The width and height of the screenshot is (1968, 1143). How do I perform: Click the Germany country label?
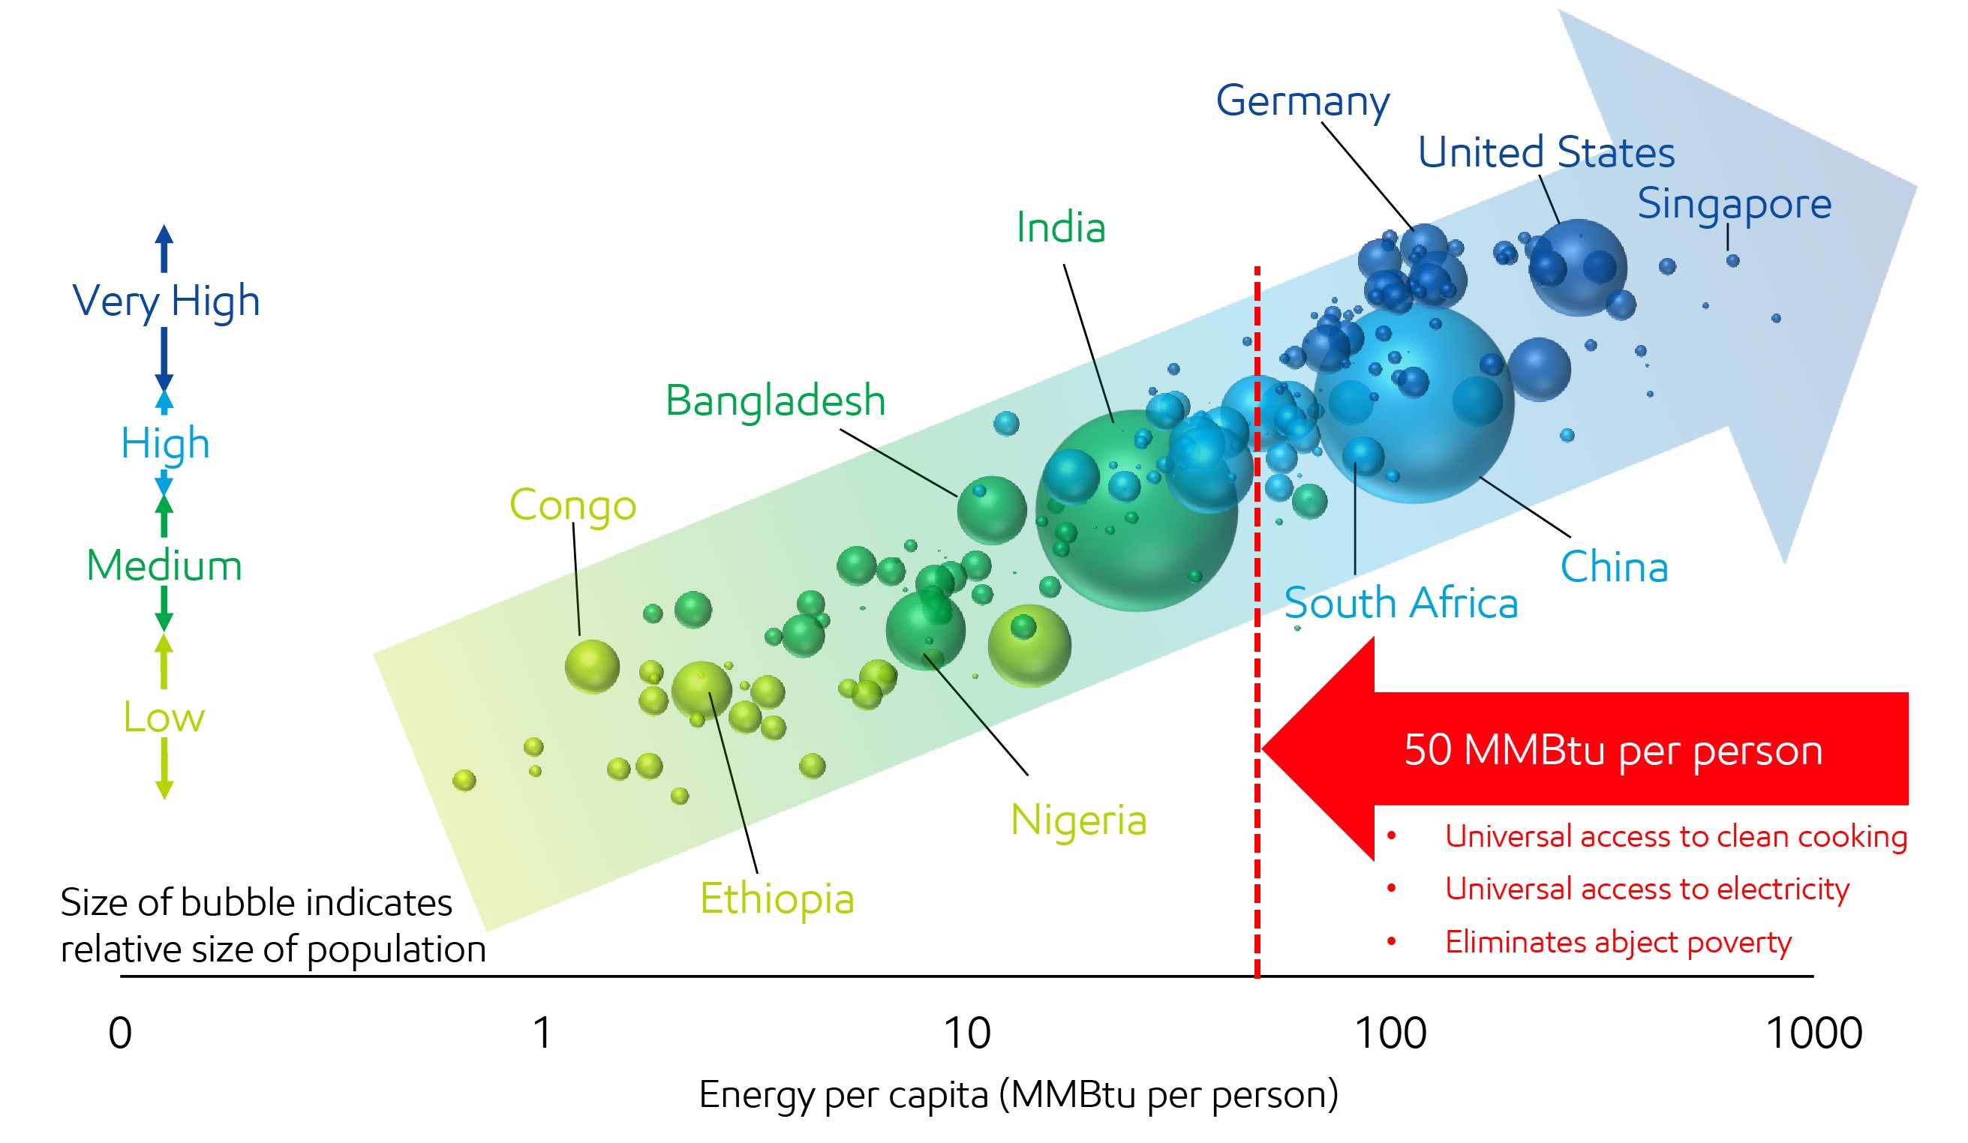pyautogui.click(x=1302, y=100)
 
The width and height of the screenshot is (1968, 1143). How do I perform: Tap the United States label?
pyautogui.click(x=1546, y=151)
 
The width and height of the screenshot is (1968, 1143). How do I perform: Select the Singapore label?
pyautogui.click(x=1734, y=204)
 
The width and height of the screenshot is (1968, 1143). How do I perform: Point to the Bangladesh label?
pyautogui.click(x=775, y=400)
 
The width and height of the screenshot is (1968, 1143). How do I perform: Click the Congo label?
pyautogui.click(x=572, y=505)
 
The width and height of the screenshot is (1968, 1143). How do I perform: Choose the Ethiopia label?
pyautogui.click(x=777, y=898)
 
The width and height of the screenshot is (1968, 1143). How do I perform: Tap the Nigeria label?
pyautogui.click(x=1077, y=820)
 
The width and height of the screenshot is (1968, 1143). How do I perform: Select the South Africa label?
pyautogui.click(x=1401, y=603)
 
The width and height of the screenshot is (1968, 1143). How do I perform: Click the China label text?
pyautogui.click(x=1613, y=567)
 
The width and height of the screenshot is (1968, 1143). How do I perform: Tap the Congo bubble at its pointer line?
pyautogui.click(x=592, y=666)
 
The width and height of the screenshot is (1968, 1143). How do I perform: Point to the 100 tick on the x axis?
pyautogui.click(x=1390, y=1033)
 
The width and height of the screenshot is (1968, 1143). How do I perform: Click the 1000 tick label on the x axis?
pyautogui.click(x=1813, y=1033)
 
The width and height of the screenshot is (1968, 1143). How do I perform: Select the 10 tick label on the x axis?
pyautogui.click(x=967, y=1033)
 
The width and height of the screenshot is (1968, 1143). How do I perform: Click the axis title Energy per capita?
pyautogui.click(x=1017, y=1093)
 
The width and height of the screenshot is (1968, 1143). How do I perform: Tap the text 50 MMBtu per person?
pyautogui.click(x=1612, y=749)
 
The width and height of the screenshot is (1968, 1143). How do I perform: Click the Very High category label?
pyautogui.click(x=166, y=301)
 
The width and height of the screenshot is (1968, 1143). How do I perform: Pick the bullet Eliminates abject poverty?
pyautogui.click(x=1618, y=942)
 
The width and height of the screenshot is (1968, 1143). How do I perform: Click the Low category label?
pyautogui.click(x=164, y=717)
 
